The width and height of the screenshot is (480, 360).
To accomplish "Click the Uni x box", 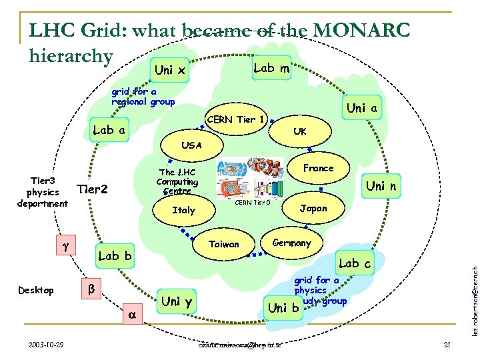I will [x=170, y=70].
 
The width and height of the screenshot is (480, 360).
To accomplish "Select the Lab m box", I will [x=271, y=68].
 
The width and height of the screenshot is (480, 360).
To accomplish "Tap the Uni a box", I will [x=363, y=108].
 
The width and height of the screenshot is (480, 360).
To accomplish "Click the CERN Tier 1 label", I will [x=237, y=120].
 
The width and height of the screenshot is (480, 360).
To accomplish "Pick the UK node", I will [x=300, y=132].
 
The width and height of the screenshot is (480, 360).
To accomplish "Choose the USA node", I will [x=191, y=145].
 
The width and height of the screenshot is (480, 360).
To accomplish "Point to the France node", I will [x=318, y=168].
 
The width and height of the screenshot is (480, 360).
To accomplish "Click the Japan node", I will [x=313, y=208].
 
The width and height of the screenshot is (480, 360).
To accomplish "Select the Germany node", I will [x=291, y=243].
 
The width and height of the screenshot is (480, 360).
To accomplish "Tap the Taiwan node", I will [x=224, y=244].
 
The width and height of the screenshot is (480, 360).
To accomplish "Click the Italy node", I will [x=183, y=210].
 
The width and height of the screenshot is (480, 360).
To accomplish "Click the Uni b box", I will [x=283, y=307].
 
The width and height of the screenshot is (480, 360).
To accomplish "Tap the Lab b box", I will [x=115, y=256].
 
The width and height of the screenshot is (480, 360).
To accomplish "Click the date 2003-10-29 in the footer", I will [x=47, y=345].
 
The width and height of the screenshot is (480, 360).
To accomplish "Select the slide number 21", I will [x=447, y=345].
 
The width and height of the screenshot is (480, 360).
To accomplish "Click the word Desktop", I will [x=36, y=291].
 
